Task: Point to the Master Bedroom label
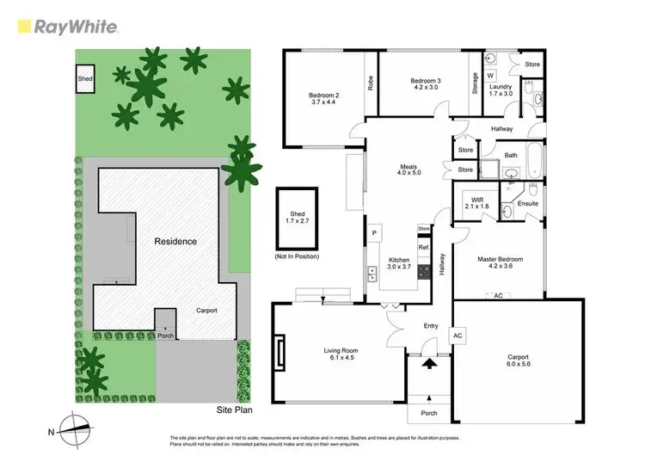(500, 262)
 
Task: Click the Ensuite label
(528, 204)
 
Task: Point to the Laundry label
(501, 91)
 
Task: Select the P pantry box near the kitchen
(374, 234)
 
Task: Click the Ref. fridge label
(423, 249)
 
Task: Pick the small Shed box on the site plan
(86, 79)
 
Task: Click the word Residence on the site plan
(175, 242)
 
